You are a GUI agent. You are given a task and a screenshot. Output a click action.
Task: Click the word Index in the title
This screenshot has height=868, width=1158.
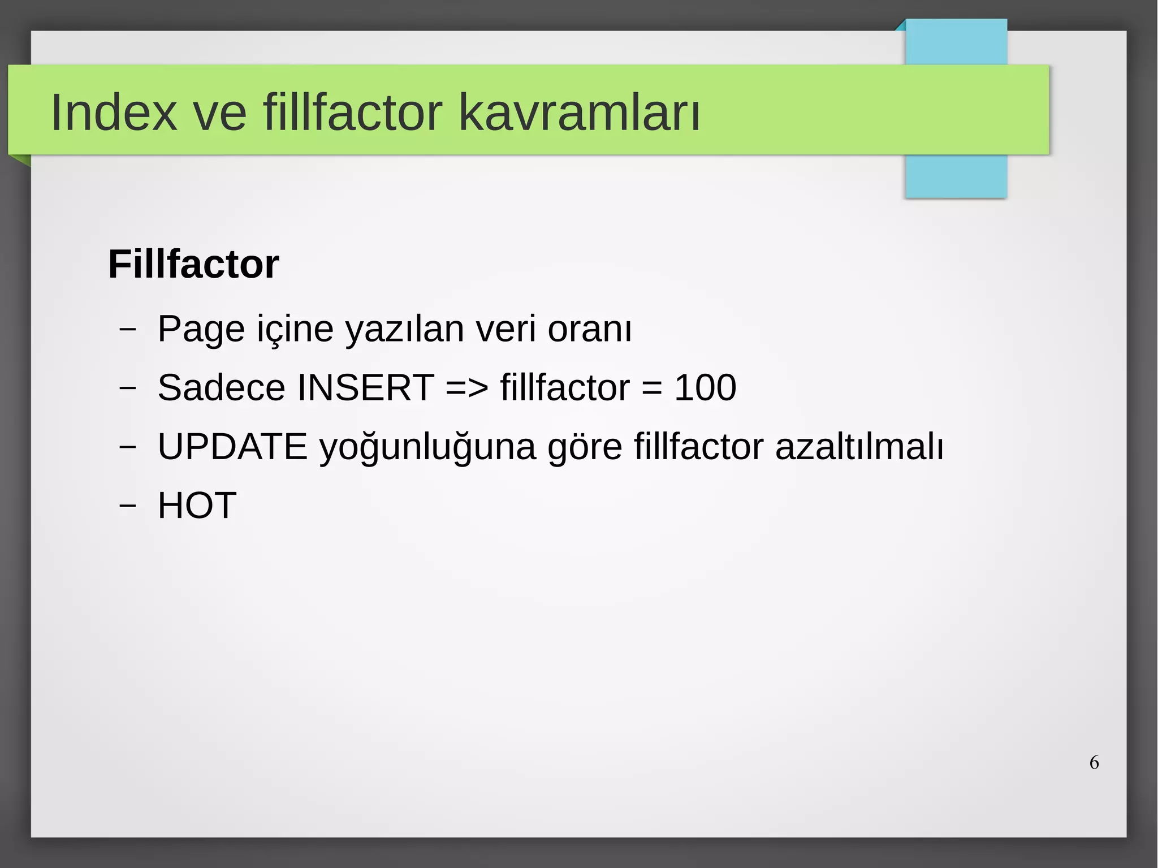[x=114, y=113]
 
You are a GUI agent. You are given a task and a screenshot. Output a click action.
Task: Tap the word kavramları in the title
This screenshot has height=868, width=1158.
[x=579, y=113]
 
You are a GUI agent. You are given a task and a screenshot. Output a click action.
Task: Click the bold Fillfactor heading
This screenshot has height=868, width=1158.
[x=193, y=264]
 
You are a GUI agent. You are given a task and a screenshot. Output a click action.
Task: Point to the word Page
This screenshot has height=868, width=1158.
[x=201, y=329]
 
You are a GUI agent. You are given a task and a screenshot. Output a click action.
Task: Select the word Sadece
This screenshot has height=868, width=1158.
[x=221, y=388]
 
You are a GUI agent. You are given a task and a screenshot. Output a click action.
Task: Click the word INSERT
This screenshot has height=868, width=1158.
[x=365, y=388]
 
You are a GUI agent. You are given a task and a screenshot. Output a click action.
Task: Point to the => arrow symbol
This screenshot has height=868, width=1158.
[x=466, y=388]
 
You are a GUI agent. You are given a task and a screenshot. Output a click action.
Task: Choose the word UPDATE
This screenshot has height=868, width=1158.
[x=232, y=447]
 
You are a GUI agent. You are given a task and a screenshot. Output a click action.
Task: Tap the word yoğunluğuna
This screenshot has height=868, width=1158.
[x=427, y=447]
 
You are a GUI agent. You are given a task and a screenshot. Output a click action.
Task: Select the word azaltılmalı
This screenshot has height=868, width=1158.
[x=859, y=447]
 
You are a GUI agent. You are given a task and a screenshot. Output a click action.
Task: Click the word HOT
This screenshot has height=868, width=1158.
[x=197, y=506]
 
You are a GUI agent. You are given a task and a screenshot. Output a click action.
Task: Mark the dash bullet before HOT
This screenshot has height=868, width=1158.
[x=128, y=504]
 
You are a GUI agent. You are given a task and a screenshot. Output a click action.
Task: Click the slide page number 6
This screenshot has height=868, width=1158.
[x=1094, y=763]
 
